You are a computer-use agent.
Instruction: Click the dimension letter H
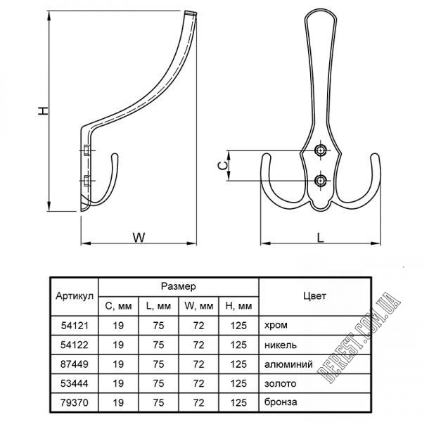point(43,110)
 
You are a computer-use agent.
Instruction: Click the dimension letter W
point(139,237)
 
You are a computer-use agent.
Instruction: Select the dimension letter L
point(320,238)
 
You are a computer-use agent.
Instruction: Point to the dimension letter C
point(222,165)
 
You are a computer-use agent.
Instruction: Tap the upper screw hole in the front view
point(320,150)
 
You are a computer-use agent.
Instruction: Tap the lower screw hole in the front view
point(320,181)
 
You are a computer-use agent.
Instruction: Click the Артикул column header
point(75,296)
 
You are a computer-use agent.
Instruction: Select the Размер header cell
point(179,286)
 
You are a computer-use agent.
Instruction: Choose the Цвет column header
point(314,296)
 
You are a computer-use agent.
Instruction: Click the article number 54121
point(75,326)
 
